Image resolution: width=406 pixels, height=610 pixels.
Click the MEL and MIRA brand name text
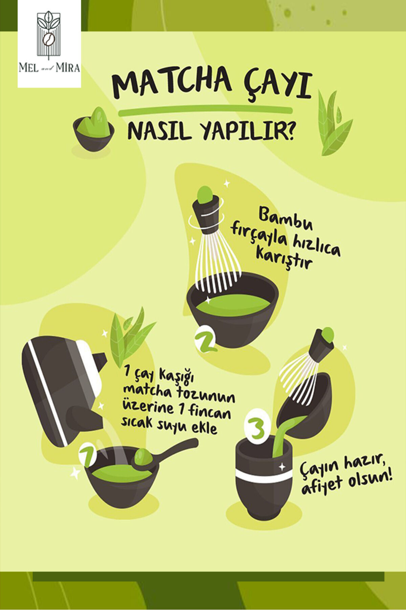[x=49, y=68]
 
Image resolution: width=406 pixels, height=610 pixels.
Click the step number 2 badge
[x=205, y=340]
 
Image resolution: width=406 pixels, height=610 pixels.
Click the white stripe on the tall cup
[x=264, y=476]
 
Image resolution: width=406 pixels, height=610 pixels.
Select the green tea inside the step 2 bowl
[x=233, y=305]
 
